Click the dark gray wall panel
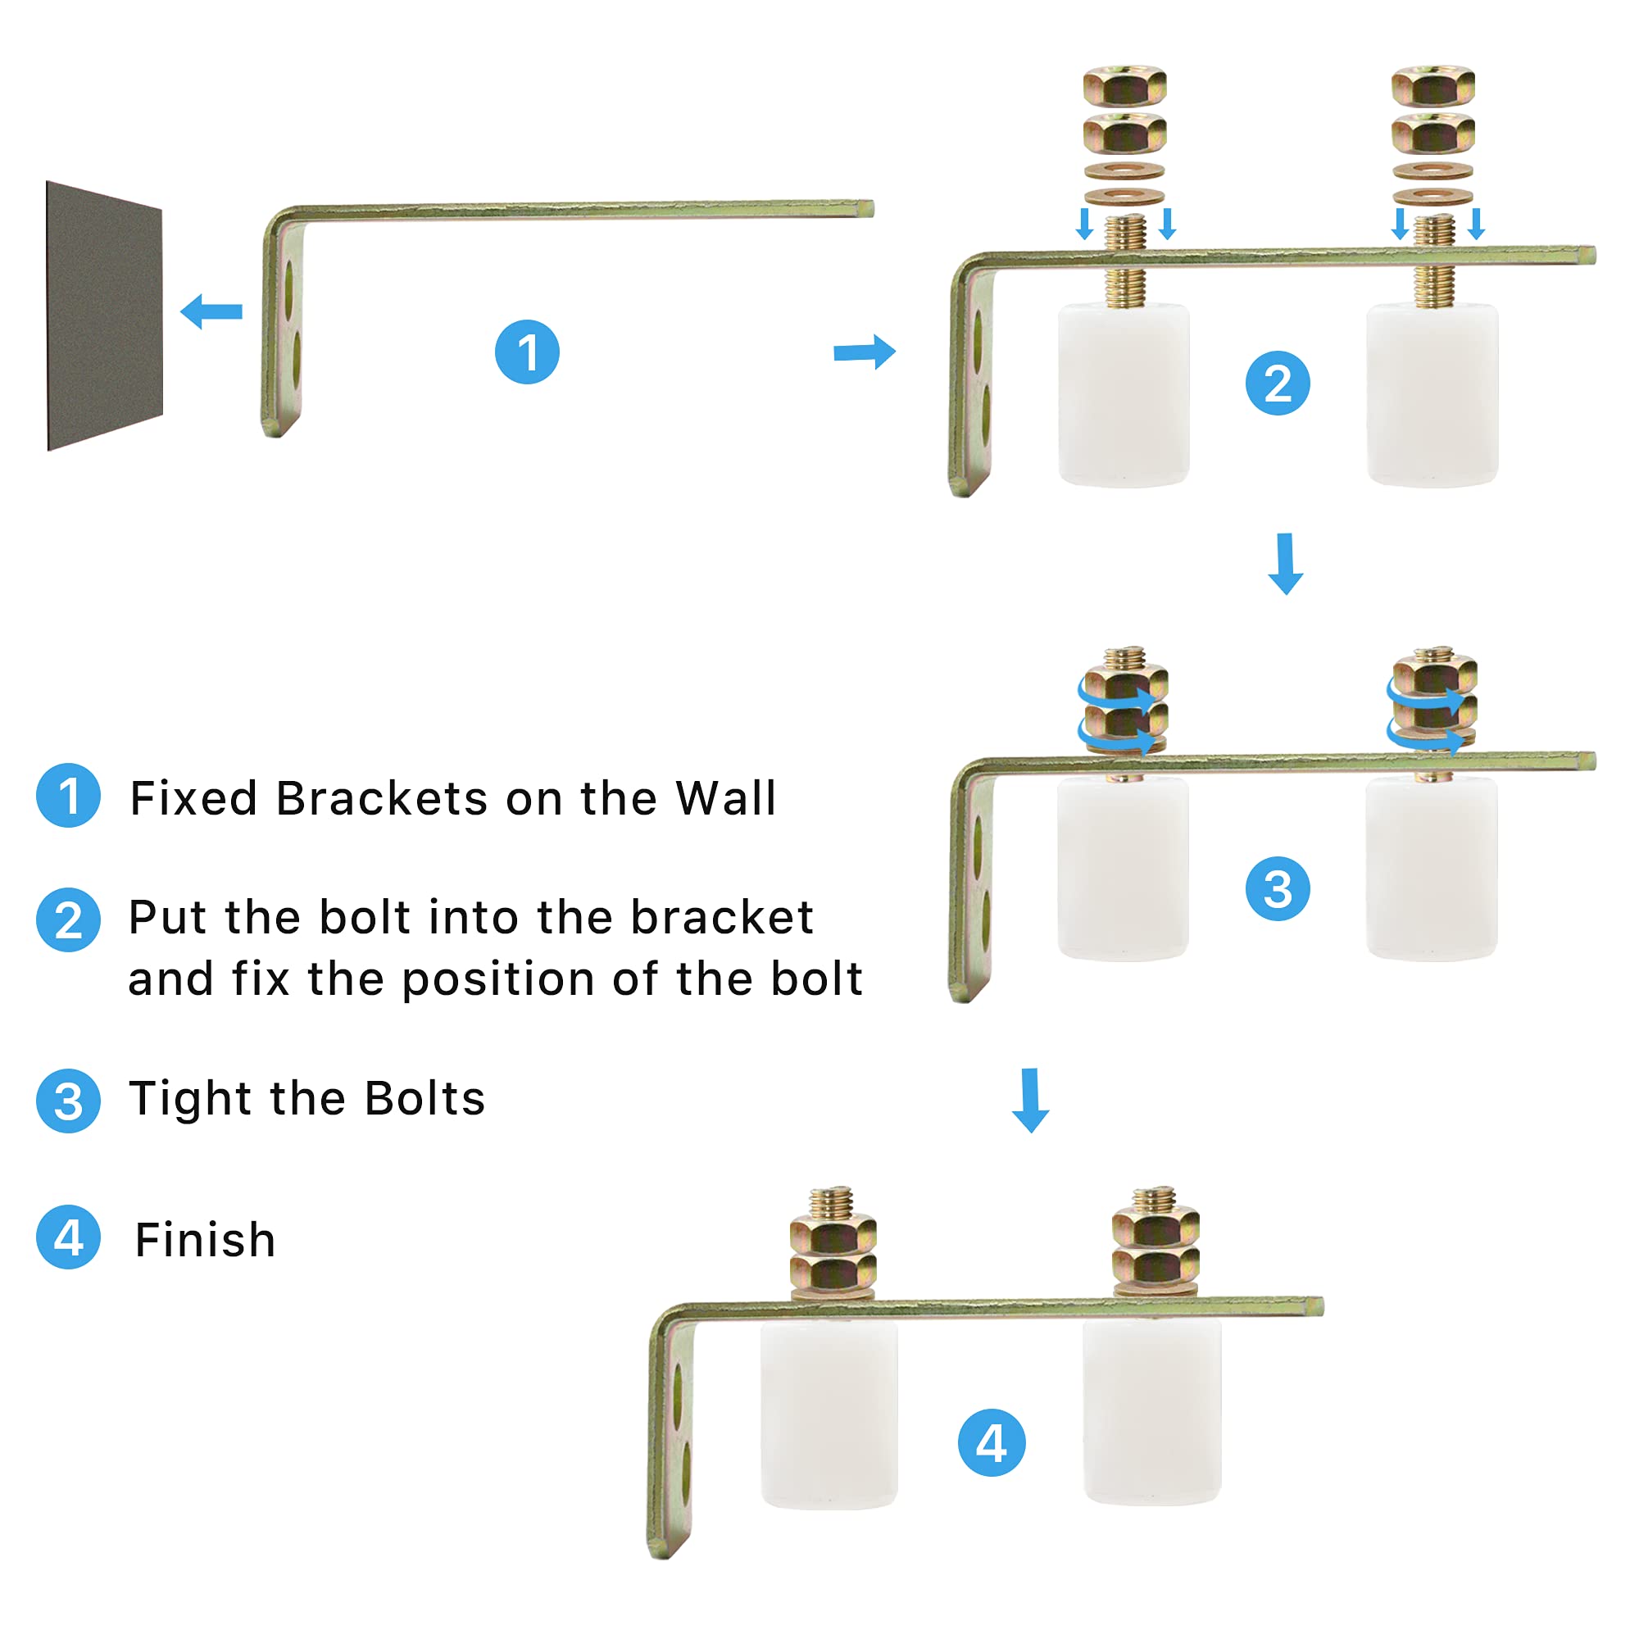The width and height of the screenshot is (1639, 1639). (x=103, y=316)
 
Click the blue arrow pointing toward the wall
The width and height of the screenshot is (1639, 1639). (x=212, y=311)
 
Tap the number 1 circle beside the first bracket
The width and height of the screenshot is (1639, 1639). (x=527, y=352)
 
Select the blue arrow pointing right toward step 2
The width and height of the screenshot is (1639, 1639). (x=865, y=352)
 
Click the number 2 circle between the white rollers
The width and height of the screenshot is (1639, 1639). (x=1278, y=384)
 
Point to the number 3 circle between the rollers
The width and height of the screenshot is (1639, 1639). (x=1278, y=889)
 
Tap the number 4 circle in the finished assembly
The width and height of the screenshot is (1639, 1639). (x=991, y=1443)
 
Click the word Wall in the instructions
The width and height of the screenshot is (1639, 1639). (x=725, y=798)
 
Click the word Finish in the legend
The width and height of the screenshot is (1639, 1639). (x=206, y=1240)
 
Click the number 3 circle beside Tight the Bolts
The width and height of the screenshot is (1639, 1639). (x=69, y=1101)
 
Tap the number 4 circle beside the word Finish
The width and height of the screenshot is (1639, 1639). (x=69, y=1237)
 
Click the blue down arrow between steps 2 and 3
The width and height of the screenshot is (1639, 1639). (x=1285, y=564)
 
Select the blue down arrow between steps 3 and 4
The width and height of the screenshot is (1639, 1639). (x=1031, y=1101)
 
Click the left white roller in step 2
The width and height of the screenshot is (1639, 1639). (x=1124, y=395)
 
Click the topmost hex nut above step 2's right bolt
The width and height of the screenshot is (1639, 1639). (x=1432, y=86)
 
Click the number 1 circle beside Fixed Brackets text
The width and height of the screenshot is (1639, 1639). (x=69, y=796)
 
